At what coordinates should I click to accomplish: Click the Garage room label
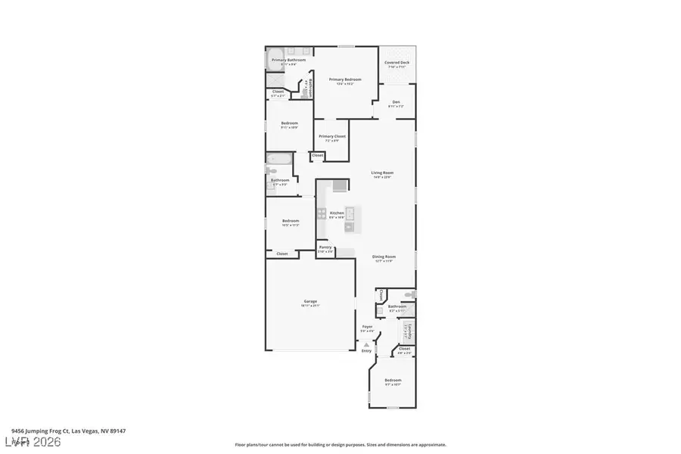coord(311,302)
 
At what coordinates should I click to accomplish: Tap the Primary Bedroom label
coord(345,79)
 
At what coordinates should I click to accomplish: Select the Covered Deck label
coord(396,64)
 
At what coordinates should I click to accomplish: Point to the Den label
coord(396,103)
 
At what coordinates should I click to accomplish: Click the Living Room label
coord(382,173)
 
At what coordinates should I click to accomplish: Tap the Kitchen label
coord(337,213)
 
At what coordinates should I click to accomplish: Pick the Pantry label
coord(325,247)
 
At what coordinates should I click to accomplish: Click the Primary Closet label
coord(332,137)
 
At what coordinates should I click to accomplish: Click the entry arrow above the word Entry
coord(366,343)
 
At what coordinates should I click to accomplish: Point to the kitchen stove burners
coord(322,213)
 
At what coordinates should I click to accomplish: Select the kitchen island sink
coord(350,212)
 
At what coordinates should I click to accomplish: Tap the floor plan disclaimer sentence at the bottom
coord(340,445)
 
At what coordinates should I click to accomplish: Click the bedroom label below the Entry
coord(393,381)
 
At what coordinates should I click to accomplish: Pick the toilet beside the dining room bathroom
coord(408,294)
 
